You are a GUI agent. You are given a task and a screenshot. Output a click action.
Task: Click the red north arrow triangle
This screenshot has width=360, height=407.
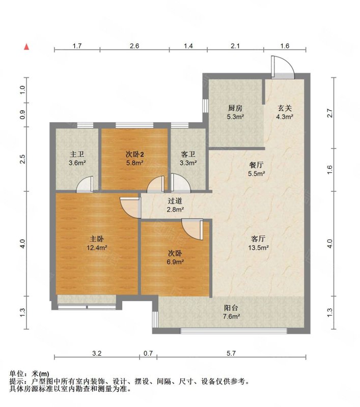26,47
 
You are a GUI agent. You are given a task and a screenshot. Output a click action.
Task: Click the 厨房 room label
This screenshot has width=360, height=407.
235,108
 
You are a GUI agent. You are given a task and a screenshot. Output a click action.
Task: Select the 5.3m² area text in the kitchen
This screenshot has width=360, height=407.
235,117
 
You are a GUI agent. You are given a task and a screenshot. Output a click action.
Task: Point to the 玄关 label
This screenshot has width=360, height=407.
285,108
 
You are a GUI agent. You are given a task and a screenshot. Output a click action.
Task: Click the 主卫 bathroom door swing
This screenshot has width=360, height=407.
85,184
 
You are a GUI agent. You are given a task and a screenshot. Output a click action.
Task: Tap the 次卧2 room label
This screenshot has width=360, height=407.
135,155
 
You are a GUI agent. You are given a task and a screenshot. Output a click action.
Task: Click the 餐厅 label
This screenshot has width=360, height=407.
256,165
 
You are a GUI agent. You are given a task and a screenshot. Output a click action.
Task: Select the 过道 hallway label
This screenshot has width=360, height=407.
175,200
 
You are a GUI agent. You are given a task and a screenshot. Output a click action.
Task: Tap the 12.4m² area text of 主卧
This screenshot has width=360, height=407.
97,248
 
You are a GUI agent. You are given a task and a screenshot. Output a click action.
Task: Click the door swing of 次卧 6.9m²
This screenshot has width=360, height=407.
192,229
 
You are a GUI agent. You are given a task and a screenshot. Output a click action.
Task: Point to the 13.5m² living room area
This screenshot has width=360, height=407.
258,248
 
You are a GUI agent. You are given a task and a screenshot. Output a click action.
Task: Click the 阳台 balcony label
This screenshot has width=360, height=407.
231,308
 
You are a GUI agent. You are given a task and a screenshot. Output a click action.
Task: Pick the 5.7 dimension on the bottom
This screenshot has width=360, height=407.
231,353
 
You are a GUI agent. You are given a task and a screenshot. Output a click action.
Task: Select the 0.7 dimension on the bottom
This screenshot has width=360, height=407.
148,353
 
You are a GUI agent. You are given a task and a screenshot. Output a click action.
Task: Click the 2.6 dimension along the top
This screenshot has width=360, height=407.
134,46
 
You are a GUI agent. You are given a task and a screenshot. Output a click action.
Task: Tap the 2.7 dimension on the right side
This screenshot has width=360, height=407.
329,113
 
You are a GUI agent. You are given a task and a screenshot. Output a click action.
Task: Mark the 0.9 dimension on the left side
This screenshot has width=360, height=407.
22,114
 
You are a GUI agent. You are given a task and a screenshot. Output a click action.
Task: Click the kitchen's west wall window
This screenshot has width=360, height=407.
205,106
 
